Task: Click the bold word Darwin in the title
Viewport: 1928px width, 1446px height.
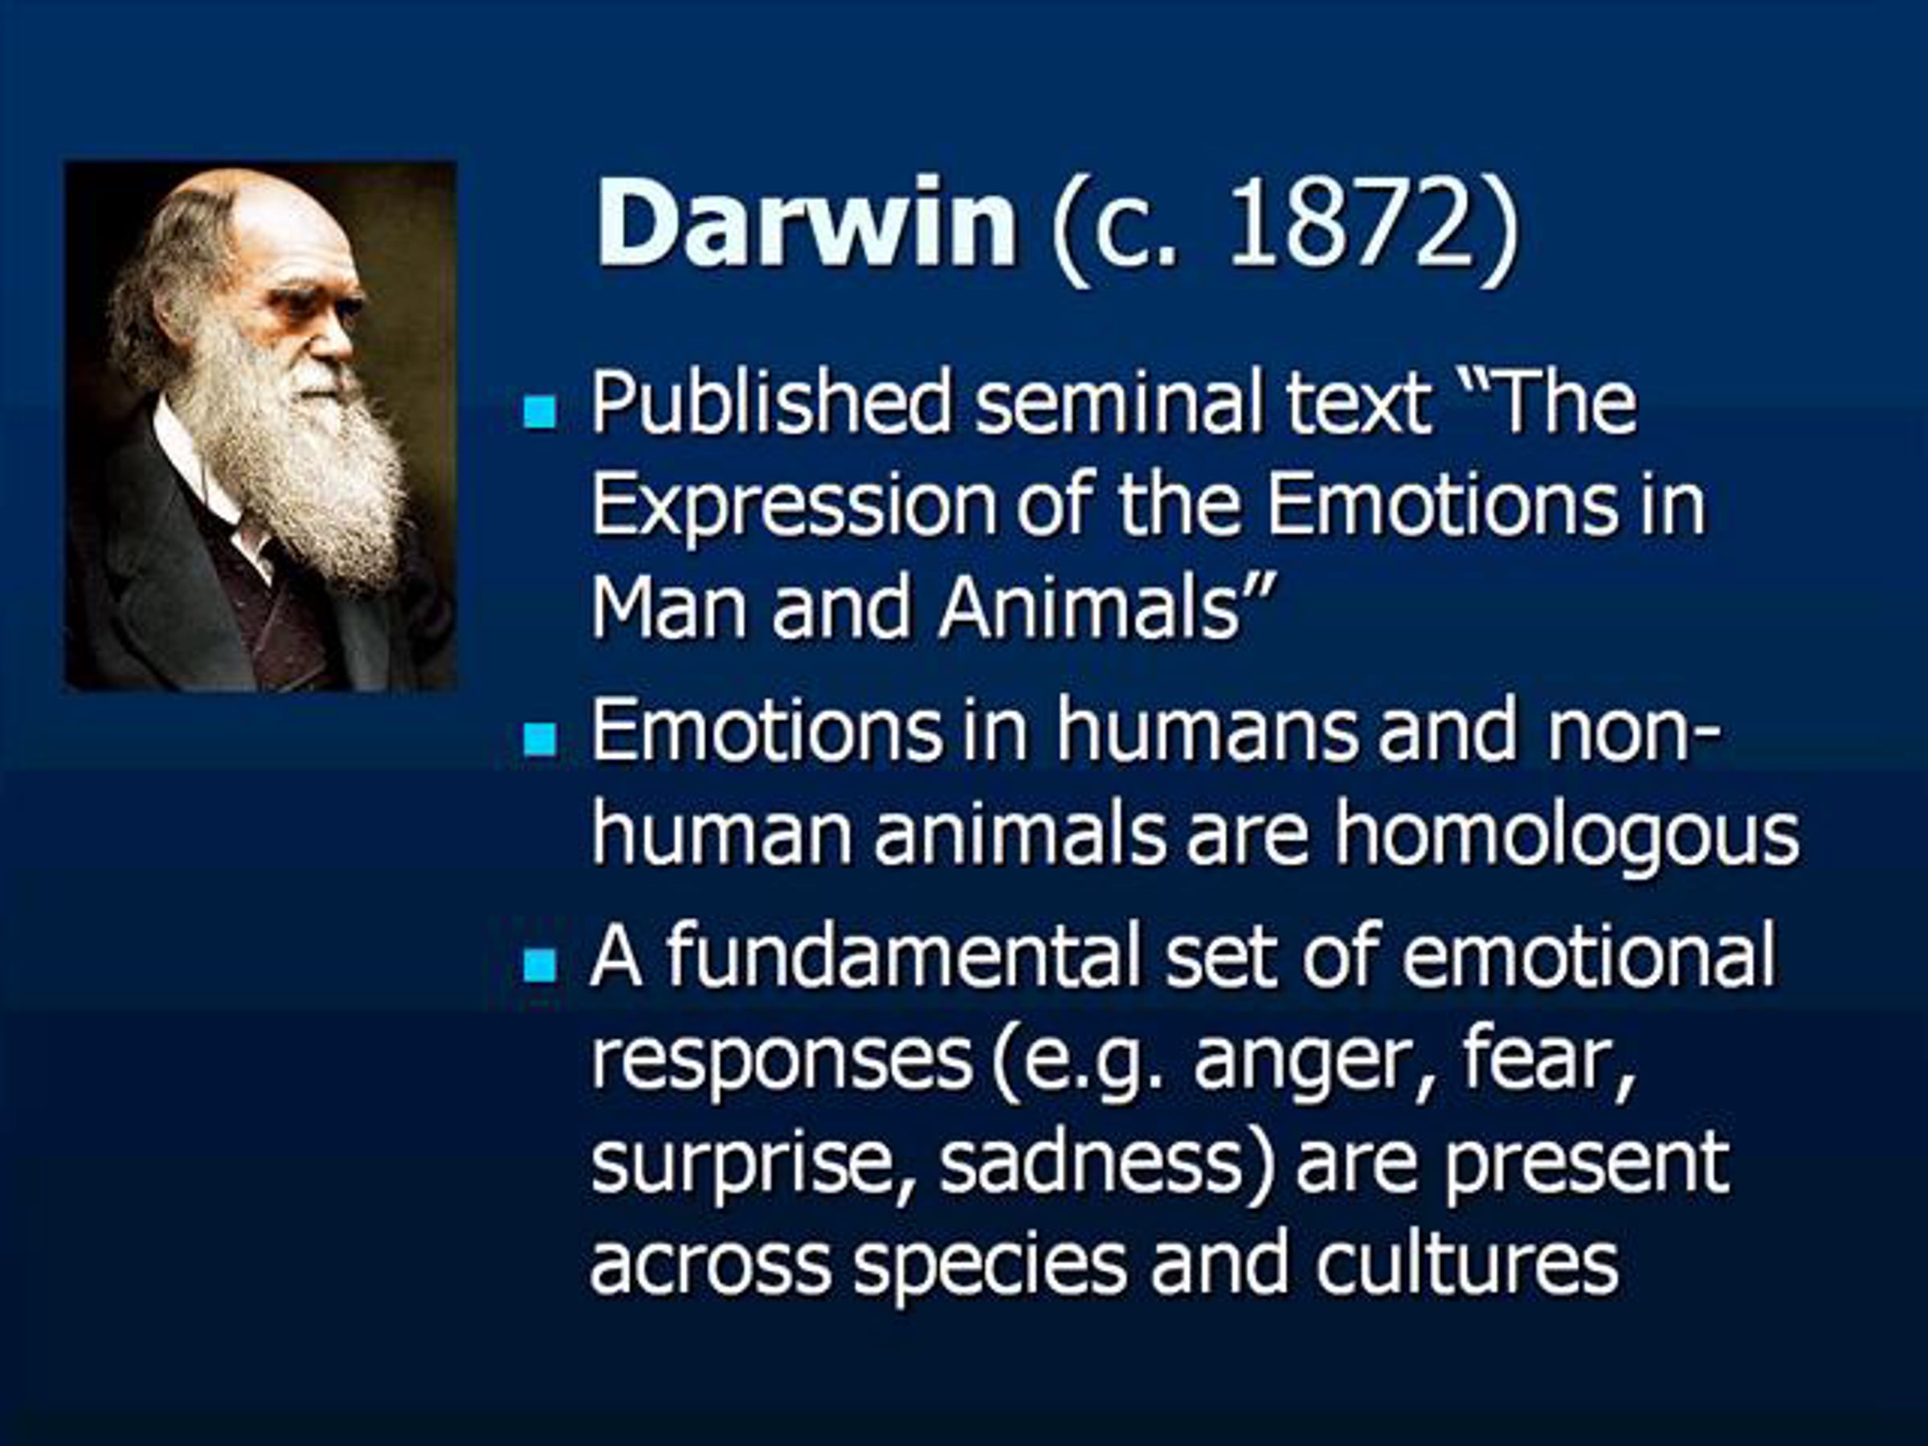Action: pyautogui.click(x=806, y=224)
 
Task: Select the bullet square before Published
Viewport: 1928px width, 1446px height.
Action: pyautogui.click(x=540, y=411)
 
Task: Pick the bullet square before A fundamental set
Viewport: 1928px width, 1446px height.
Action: pyautogui.click(x=540, y=966)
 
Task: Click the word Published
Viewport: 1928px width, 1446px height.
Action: pyautogui.click(x=770, y=404)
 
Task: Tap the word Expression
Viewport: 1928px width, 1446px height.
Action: pyautogui.click(x=793, y=509)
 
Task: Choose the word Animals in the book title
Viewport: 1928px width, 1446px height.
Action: pyautogui.click(x=1089, y=607)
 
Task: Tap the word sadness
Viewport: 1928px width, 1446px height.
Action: pyautogui.click(x=1090, y=1161)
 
